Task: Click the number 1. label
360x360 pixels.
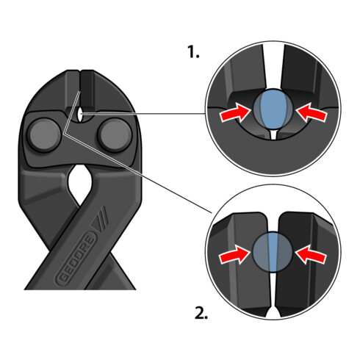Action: click(x=193, y=52)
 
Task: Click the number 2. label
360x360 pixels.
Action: click(x=201, y=313)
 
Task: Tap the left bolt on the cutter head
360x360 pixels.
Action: click(x=44, y=135)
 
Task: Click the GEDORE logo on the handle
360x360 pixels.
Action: click(x=76, y=259)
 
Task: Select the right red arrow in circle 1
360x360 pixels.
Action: click(x=311, y=112)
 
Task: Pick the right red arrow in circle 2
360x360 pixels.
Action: click(x=310, y=255)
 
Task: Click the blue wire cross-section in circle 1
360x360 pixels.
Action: click(x=273, y=109)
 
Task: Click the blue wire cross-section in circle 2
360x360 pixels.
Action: click(x=272, y=251)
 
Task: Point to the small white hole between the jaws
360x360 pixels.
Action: click(x=79, y=113)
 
